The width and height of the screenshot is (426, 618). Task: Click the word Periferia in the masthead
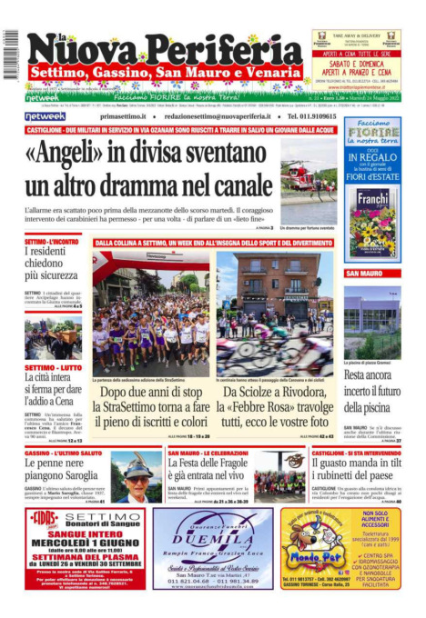[219, 46]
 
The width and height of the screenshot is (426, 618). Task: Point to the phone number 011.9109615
[306, 116]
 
